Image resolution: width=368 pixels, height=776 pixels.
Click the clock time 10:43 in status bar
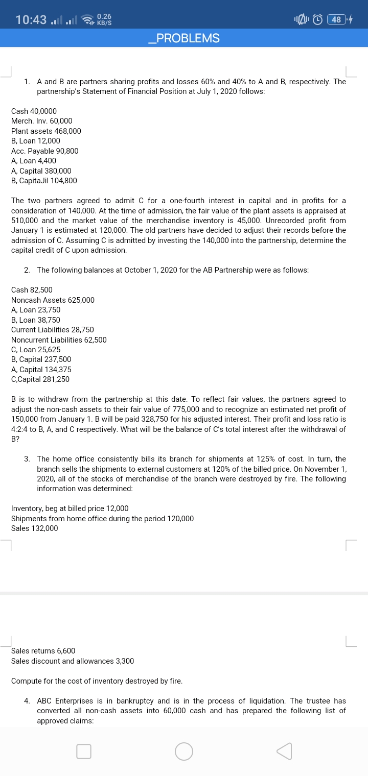[32, 20]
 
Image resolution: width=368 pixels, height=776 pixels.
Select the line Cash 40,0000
[34, 111]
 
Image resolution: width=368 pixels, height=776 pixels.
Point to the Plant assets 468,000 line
[46, 131]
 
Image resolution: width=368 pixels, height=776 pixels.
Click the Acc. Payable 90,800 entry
[45, 151]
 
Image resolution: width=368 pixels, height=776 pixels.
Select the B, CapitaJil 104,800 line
[44, 181]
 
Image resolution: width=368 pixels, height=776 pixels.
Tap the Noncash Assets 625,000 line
[53, 300]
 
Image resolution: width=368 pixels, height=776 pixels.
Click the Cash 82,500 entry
[32, 290]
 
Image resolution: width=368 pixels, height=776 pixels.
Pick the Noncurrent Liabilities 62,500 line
[59, 340]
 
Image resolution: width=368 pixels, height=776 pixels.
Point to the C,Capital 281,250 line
[40, 379]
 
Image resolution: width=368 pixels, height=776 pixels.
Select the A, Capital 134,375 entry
[41, 370]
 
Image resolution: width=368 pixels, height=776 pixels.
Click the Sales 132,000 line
[35, 528]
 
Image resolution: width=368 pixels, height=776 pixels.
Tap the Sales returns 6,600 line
[43, 651]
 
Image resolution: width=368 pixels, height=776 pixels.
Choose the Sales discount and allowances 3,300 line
[73, 661]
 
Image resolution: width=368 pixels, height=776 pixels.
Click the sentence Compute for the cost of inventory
[97, 682]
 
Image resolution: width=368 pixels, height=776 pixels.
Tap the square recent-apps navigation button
[84, 751]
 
